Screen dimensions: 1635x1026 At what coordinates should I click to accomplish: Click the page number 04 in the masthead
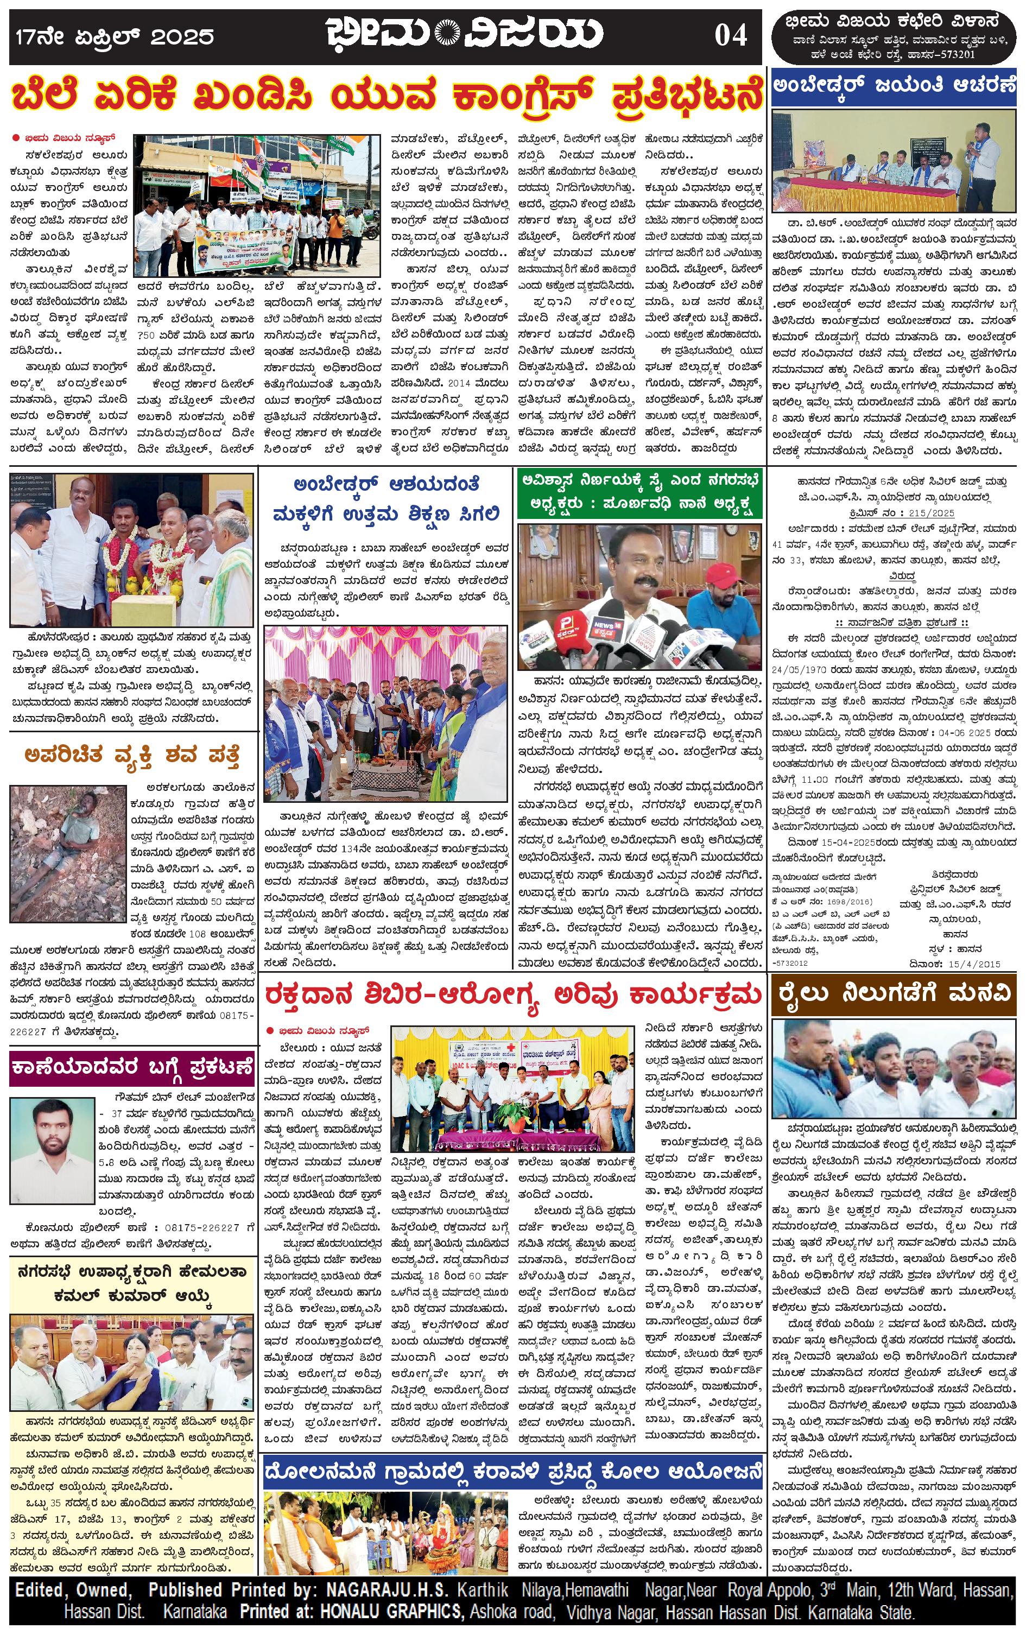point(730,35)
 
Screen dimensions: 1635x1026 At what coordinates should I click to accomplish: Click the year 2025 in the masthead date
point(182,37)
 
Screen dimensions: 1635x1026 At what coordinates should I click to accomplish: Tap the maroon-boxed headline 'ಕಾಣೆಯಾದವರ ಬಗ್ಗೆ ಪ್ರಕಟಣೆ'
point(132,1067)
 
